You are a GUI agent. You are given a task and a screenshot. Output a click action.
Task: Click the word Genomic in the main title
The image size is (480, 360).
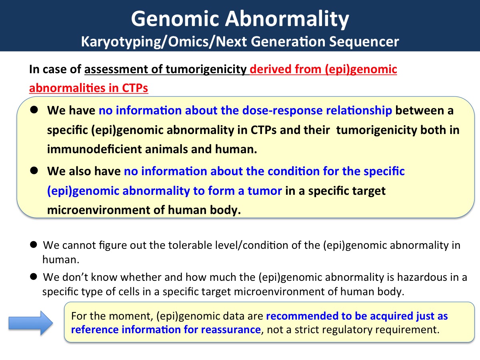[x=175, y=19]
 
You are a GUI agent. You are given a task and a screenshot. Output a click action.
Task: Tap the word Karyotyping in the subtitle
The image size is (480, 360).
[x=120, y=42]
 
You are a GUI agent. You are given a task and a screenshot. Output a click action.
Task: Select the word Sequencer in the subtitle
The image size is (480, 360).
[x=364, y=42]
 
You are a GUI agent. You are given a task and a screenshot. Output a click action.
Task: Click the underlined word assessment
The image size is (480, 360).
[x=116, y=69]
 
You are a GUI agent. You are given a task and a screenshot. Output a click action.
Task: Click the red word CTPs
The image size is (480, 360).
[x=135, y=88]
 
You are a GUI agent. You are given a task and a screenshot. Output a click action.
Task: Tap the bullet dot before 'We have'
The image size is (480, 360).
[x=34, y=110]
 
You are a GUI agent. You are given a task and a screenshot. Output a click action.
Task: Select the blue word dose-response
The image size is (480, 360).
[x=282, y=110]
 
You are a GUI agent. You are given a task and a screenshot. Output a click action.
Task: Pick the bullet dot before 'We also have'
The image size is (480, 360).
[x=34, y=170]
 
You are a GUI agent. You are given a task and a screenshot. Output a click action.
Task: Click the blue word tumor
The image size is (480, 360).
[x=265, y=191]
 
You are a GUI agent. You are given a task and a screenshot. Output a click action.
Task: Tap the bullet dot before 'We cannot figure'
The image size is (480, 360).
[x=34, y=245]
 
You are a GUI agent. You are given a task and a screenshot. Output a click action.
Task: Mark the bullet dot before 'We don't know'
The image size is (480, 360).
[x=34, y=277]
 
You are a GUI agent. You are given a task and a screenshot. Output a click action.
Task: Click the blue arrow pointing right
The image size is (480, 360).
[x=31, y=323]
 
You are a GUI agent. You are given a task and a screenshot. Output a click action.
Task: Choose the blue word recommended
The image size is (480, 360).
[x=302, y=316]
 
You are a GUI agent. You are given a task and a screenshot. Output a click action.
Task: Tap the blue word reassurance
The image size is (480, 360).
[x=231, y=330]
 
